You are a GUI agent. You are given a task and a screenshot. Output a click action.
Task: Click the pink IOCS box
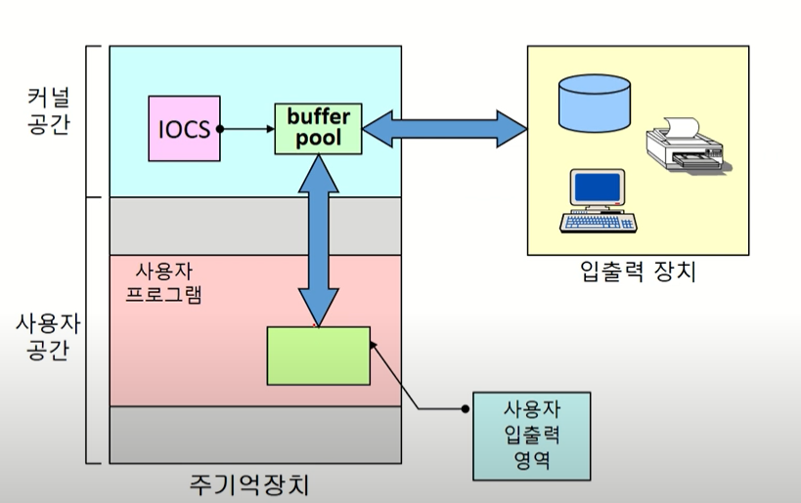click(184, 128)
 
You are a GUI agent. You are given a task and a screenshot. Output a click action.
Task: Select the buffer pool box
click(318, 128)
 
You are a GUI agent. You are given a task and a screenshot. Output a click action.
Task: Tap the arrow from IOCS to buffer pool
click(247, 128)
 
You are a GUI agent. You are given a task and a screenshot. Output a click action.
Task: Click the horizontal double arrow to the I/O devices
click(445, 128)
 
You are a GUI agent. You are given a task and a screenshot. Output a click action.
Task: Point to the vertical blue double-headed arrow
click(318, 239)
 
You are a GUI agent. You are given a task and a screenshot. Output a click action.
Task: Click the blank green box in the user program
click(318, 356)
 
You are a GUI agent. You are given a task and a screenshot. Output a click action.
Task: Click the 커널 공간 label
click(47, 112)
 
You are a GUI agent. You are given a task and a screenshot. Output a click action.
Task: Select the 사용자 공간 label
click(47, 335)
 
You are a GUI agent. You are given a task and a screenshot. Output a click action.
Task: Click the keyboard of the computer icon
click(598, 223)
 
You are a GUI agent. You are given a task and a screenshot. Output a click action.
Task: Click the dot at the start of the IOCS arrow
click(220, 128)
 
